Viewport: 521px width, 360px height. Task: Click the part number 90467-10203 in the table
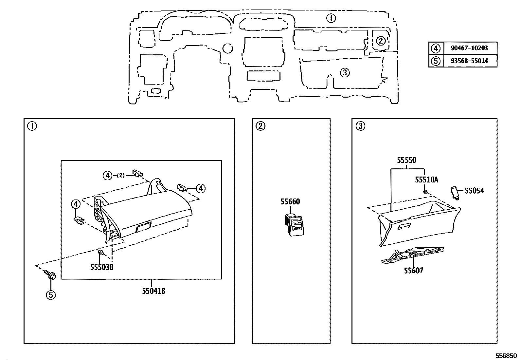click(x=469, y=48)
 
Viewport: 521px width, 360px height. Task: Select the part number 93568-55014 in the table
click(x=469, y=61)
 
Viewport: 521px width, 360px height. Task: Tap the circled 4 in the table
click(x=436, y=48)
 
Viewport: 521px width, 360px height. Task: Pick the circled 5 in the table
click(x=436, y=61)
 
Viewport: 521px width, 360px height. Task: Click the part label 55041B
click(x=154, y=291)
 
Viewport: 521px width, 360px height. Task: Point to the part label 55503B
click(x=102, y=267)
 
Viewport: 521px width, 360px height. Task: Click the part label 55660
click(x=290, y=202)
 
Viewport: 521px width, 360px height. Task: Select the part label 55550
click(x=406, y=160)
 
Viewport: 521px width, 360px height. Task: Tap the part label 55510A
click(x=426, y=180)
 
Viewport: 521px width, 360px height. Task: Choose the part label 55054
click(x=475, y=191)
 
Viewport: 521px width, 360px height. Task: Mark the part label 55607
click(x=414, y=271)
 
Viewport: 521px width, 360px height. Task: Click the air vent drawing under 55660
click(x=294, y=225)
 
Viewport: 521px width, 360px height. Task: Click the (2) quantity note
click(x=121, y=176)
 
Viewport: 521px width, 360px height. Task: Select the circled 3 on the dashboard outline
click(x=345, y=73)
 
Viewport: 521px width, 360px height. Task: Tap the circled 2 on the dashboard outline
click(x=381, y=41)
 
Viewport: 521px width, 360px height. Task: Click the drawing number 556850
click(x=506, y=356)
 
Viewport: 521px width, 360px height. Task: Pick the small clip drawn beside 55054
click(x=455, y=193)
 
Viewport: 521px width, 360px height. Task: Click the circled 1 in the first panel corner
click(x=32, y=126)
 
